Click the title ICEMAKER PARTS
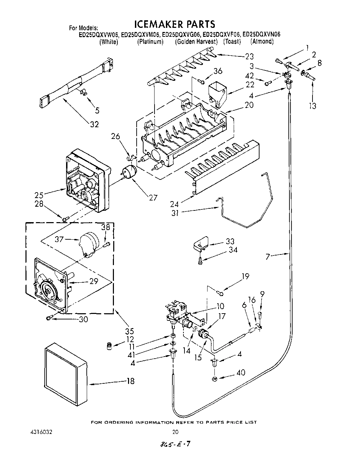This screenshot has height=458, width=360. click(174, 24)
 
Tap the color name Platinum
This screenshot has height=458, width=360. click(150, 42)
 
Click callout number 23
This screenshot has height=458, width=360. click(249, 56)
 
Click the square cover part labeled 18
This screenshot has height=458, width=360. click(65, 374)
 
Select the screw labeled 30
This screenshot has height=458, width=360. click(50, 318)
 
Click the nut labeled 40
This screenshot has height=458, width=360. click(214, 379)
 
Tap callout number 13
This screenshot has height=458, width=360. click(312, 106)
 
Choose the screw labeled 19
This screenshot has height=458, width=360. click(220, 293)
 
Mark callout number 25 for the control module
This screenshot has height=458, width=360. click(39, 195)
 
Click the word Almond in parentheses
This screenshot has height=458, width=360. click(262, 42)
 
